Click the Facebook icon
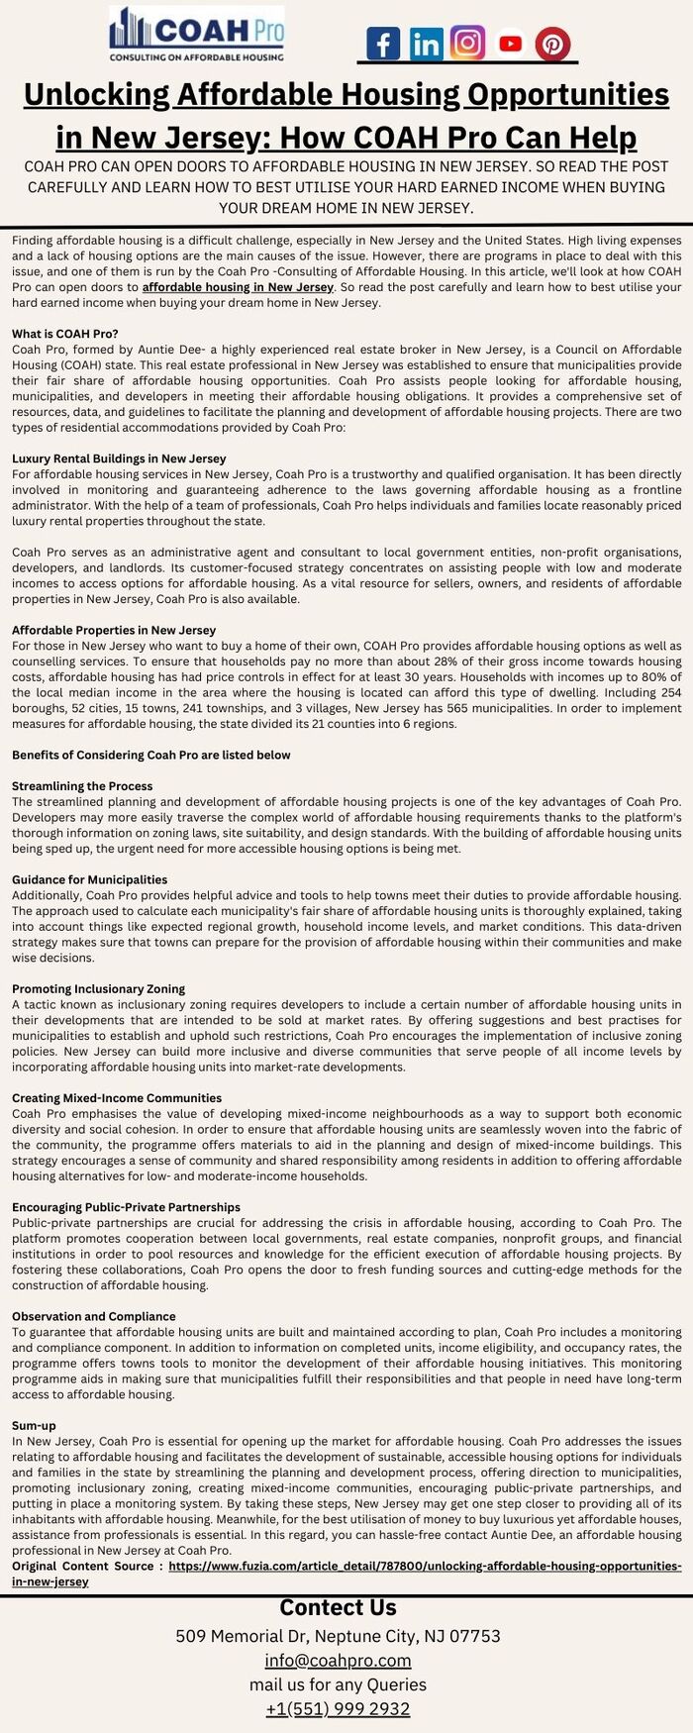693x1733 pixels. click(383, 44)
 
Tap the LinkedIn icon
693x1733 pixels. click(426, 44)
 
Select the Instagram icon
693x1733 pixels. click(467, 43)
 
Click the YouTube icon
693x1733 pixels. click(510, 43)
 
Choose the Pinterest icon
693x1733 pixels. click(552, 45)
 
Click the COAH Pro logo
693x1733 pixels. click(196, 34)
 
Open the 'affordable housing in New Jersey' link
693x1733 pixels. click(238, 287)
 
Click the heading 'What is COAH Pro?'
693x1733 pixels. click(65, 334)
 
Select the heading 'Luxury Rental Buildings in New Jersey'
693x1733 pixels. click(119, 459)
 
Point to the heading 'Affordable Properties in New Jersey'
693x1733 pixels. click(114, 630)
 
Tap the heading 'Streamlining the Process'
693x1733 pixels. click(82, 786)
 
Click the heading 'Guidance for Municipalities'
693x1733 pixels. click(89, 879)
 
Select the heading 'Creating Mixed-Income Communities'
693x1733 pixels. click(117, 1098)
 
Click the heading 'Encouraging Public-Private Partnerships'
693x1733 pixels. click(126, 1207)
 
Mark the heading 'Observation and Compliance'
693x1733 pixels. click(94, 1316)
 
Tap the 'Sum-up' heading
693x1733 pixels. click(34, 1425)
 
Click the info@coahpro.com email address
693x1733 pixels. click(338, 1660)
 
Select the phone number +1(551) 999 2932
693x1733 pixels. click(338, 1708)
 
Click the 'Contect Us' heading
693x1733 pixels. click(338, 1607)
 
